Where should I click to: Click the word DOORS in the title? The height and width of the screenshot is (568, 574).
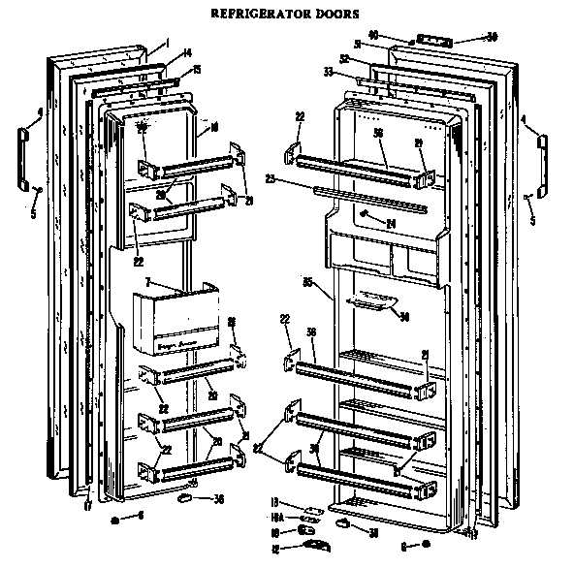[x=335, y=15]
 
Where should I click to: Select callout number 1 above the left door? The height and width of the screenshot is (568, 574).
[x=166, y=43]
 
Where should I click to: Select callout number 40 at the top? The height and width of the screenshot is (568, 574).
[x=400, y=36]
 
